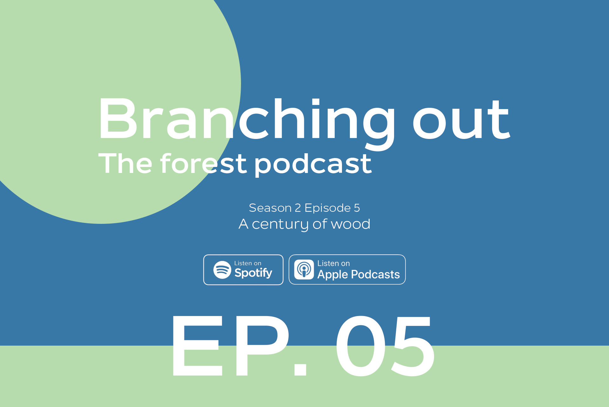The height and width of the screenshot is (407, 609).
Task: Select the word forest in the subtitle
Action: pos(203,163)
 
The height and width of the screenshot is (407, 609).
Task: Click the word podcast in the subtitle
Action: pos(313,164)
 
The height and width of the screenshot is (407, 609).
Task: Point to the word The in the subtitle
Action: pos(125,163)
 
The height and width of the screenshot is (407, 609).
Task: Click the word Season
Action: pos(270,208)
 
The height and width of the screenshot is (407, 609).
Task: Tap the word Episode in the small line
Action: pos(327,208)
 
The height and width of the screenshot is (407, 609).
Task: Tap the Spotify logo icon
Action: pos(222,270)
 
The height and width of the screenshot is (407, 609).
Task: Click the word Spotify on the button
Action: pos(253,273)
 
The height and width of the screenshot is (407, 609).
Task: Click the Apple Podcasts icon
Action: pos(304,270)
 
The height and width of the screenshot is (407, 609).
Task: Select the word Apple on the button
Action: pos(332,274)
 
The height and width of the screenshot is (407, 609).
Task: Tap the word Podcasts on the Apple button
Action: pos(375,274)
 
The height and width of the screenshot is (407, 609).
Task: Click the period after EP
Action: pos(300,369)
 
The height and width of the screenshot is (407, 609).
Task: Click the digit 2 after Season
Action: pos(298,208)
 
